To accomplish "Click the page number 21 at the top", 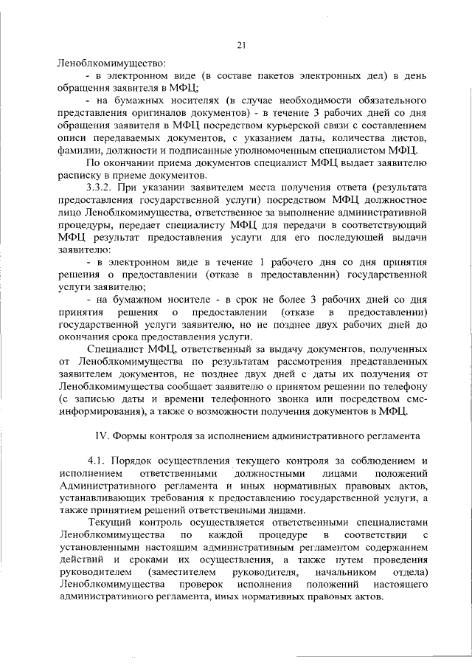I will (240, 46).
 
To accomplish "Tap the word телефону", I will (403, 385).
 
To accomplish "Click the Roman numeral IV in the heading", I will (103, 435).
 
